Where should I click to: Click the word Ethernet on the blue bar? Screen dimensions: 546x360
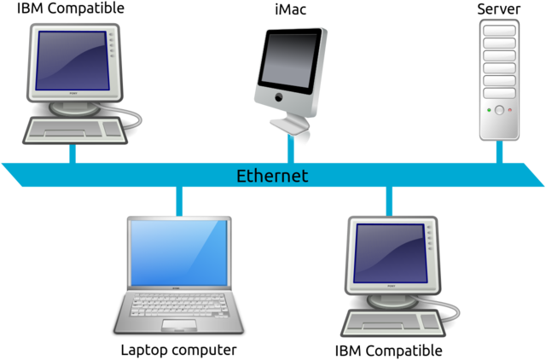272,177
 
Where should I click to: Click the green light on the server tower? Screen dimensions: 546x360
489,110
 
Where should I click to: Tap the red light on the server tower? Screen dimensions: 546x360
509,110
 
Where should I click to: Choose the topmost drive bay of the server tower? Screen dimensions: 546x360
499,31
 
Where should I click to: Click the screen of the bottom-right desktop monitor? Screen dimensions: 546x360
389,253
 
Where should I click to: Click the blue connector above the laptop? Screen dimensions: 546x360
179,201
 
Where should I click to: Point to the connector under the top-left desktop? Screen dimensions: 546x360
73,153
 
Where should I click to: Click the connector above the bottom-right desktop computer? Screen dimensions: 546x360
389,201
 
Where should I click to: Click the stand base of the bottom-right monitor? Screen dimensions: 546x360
392,300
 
